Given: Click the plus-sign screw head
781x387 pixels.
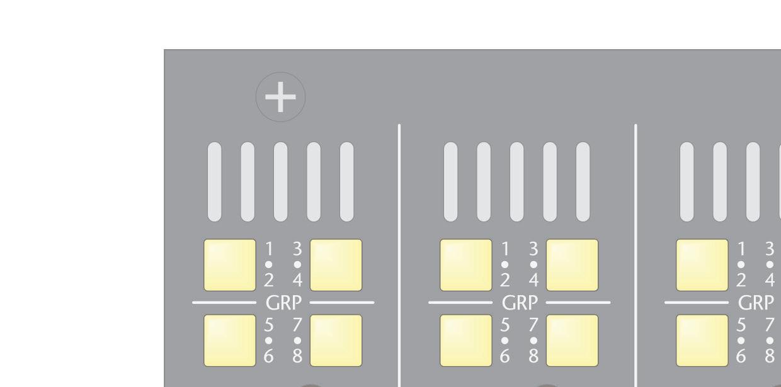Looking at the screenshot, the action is click(280, 98).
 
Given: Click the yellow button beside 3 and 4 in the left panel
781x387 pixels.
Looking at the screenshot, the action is click(336, 265).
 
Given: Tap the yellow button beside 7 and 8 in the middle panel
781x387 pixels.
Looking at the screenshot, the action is click(573, 340).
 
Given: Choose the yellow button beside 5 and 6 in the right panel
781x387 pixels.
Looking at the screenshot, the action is click(702, 340).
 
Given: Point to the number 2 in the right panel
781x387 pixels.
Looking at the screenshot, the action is click(741, 279).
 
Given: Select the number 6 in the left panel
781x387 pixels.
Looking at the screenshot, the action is click(269, 356).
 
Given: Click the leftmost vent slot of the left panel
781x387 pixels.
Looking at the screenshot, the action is click(215, 181).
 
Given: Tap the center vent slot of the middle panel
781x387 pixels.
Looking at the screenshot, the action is click(517, 181).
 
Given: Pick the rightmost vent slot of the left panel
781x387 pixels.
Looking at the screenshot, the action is click(347, 181).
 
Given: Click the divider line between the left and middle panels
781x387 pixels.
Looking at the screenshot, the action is click(399, 252).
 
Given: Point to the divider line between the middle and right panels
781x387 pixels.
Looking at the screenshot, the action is click(636, 252).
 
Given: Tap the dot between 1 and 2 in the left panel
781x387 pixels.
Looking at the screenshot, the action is click(269, 264).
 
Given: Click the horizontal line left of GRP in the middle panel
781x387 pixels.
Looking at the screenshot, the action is click(460, 303).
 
